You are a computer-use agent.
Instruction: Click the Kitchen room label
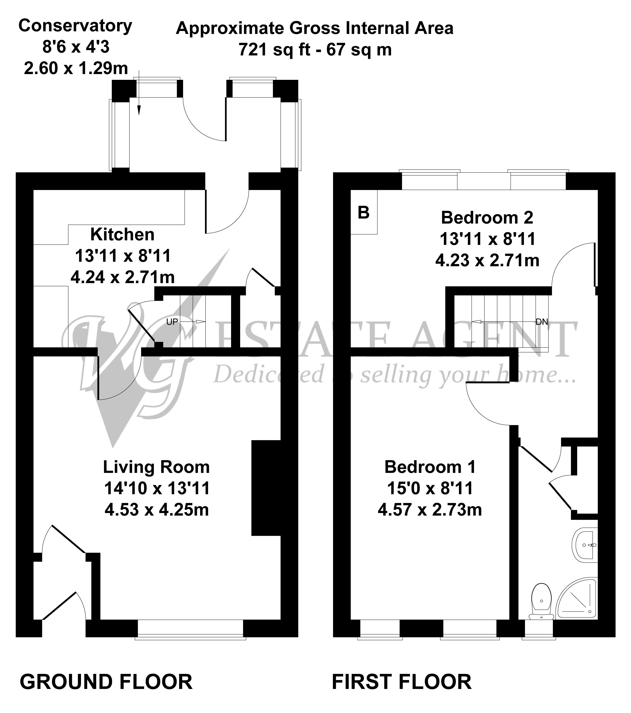click(122, 234)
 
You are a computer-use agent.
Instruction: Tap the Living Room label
click(156, 467)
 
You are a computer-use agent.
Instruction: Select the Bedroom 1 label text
click(430, 467)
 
